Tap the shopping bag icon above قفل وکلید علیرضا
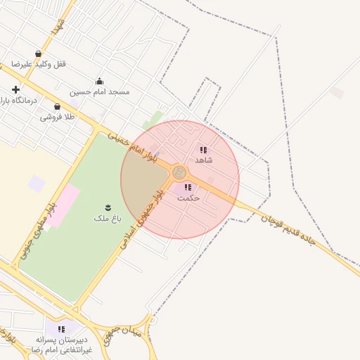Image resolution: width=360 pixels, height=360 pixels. pyautogui.click(x=38, y=53)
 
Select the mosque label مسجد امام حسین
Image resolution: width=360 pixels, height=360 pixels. pyautogui.click(x=99, y=91)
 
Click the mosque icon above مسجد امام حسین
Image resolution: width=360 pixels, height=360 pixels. pyautogui.click(x=99, y=81)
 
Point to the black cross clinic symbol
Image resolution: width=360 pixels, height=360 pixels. pyautogui.click(x=15, y=90)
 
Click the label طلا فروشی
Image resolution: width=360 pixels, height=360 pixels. pyautogui.click(x=57, y=117)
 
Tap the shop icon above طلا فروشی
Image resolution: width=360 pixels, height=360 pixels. pyautogui.click(x=57, y=106)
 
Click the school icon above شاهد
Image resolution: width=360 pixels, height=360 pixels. pyautogui.click(x=203, y=150)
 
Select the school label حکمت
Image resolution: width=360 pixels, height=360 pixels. pyautogui.click(x=188, y=198)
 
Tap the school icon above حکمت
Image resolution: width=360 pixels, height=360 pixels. pyautogui.click(x=188, y=187)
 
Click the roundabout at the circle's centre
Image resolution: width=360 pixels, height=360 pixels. pyautogui.click(x=179, y=172)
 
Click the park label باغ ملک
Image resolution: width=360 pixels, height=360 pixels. pyautogui.click(x=108, y=218)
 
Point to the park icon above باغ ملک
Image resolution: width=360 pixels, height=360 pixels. pyautogui.click(x=108, y=207)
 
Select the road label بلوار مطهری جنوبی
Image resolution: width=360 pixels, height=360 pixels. pyautogui.click(x=46, y=219)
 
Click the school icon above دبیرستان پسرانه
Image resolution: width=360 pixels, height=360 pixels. pyautogui.click(x=62, y=328)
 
